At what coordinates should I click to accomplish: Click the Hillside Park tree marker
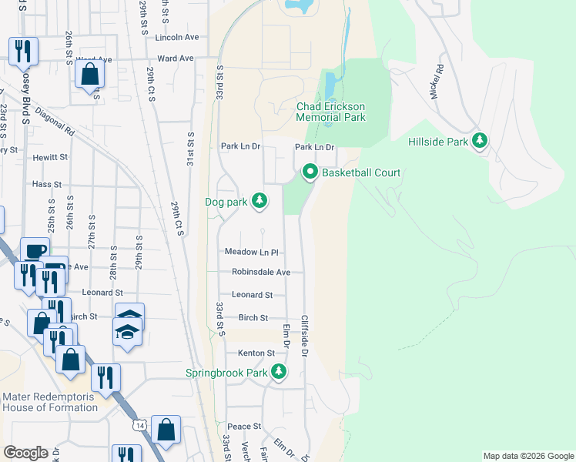point(481,141)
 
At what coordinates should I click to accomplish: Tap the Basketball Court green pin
point(310,172)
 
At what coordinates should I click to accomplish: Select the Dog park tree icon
point(260,201)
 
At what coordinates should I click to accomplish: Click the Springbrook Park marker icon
point(278,373)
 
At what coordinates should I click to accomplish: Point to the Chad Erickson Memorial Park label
point(331,112)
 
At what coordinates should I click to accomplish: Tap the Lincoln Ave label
point(177,37)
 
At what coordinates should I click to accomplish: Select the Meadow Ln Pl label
point(251,252)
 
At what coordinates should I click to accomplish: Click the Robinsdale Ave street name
point(261,272)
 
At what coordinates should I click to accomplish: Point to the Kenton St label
point(255,353)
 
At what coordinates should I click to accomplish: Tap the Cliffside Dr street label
point(305,336)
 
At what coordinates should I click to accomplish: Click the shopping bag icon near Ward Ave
point(90,75)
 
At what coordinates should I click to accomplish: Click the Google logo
point(25,453)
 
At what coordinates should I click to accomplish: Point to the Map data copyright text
point(527,456)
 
